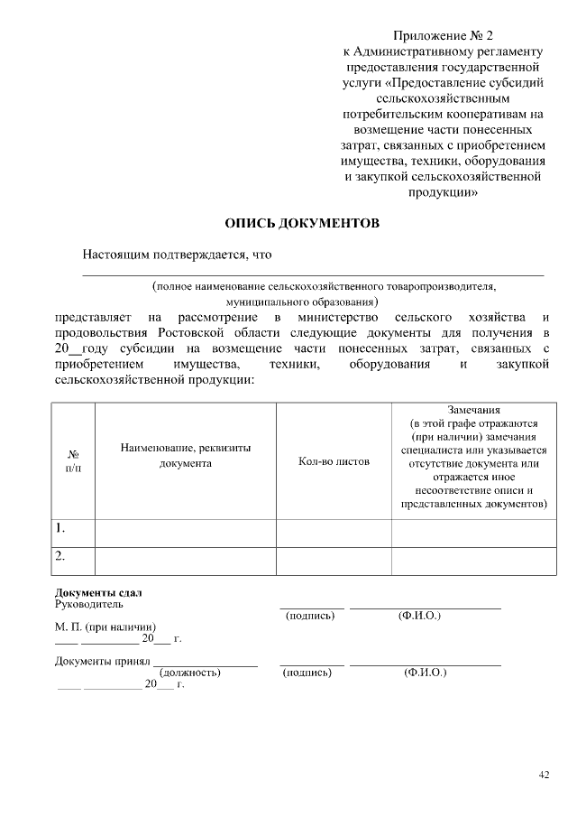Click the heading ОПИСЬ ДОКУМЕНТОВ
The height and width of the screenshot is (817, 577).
point(302,223)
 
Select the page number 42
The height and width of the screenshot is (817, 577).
point(543,775)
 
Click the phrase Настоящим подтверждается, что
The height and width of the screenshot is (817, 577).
point(177,255)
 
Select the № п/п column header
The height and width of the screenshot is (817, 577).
point(74,461)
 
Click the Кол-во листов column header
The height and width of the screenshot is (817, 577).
point(334,461)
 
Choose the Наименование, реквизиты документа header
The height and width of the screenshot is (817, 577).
point(186,455)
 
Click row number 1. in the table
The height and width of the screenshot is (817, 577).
point(60,527)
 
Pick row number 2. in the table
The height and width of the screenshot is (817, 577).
point(60,556)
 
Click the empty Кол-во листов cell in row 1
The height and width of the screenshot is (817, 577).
point(334,533)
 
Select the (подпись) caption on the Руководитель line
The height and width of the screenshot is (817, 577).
point(310,616)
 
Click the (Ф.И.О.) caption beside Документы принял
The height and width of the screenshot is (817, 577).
point(426,673)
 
